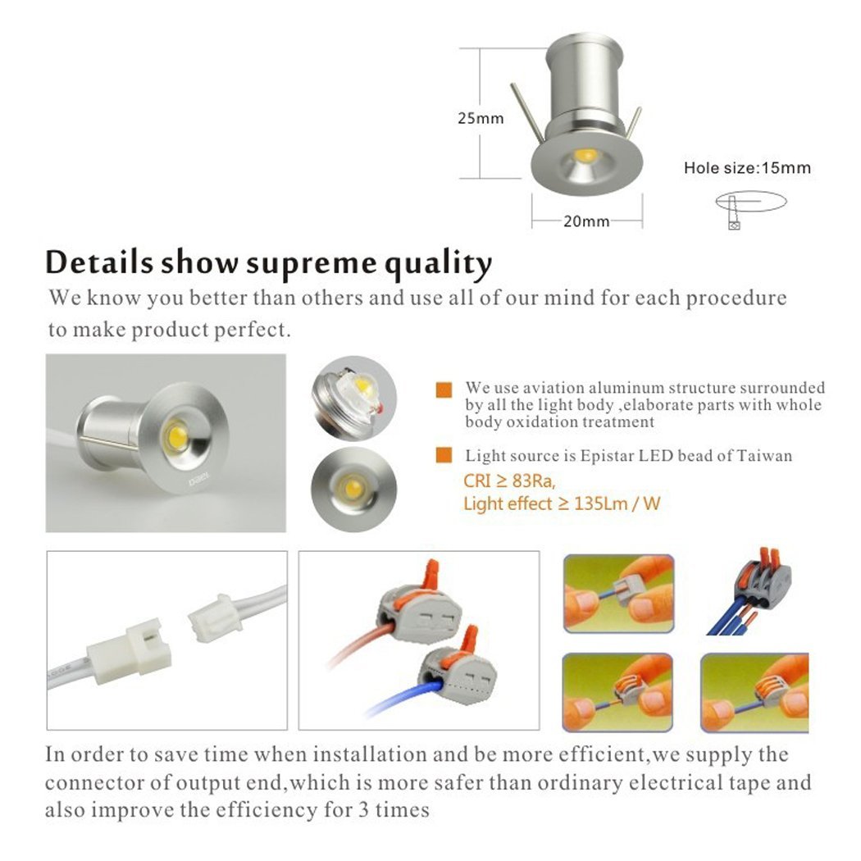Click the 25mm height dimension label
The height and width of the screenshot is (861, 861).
click(481, 118)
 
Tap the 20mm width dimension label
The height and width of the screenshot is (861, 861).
click(586, 221)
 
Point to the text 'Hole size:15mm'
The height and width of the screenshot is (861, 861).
click(747, 167)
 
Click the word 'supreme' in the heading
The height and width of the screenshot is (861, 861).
click(312, 263)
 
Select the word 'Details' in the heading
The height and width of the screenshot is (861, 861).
click(99, 262)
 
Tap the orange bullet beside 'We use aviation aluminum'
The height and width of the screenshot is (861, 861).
click(444, 389)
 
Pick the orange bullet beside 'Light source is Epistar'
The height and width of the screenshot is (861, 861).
click(444, 455)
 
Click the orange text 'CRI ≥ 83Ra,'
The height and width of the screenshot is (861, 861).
click(509, 481)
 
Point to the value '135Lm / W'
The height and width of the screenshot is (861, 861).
click(617, 503)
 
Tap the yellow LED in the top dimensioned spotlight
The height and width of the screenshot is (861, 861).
click(585, 156)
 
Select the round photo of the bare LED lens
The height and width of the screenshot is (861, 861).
click(354, 398)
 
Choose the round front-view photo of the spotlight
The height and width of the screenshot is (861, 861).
click(353, 490)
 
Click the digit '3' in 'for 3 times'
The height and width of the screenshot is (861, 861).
click(363, 810)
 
